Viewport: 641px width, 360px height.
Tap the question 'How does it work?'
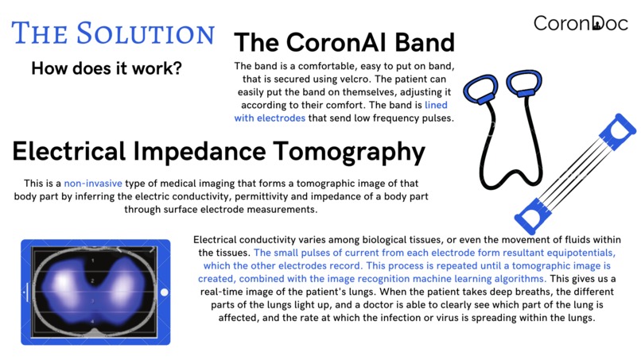[x=107, y=68]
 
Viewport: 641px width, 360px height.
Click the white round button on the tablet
[x=165, y=292]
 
